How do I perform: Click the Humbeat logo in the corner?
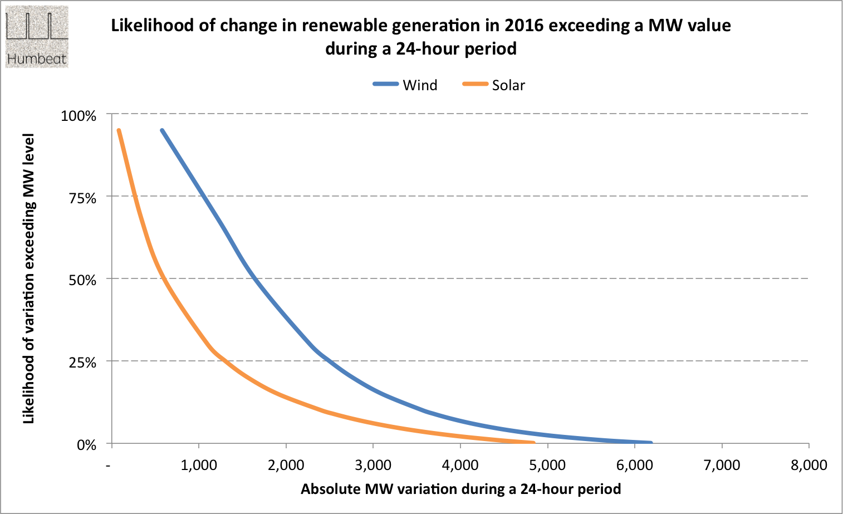click(37, 37)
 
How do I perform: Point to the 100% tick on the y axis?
click(79, 116)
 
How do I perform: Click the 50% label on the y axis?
click(82, 280)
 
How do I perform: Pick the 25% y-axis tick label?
click(82, 363)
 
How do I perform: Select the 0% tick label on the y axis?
click(86, 445)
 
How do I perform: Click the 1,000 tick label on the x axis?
click(199, 466)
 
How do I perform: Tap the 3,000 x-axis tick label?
click(373, 466)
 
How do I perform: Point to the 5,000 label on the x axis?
click(547, 466)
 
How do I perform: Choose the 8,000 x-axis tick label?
click(808, 466)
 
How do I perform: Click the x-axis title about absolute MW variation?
click(460, 489)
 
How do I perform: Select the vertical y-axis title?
click(28, 278)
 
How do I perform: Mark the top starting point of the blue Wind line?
click(162, 130)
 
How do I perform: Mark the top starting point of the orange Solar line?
click(119, 130)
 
